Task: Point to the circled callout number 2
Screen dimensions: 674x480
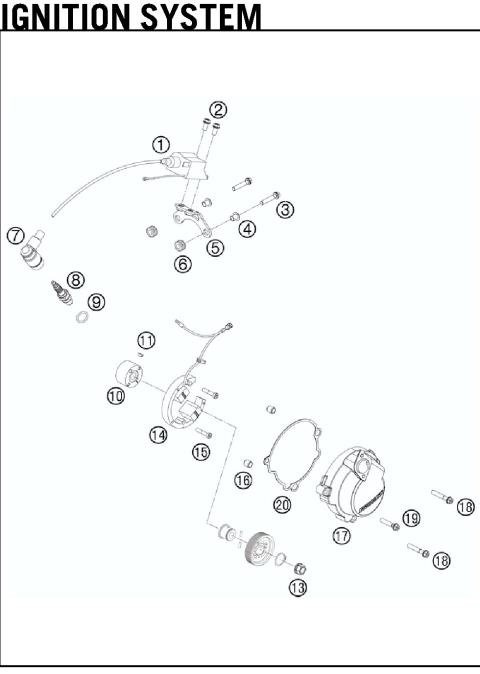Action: [x=219, y=110]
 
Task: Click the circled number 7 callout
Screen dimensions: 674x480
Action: [x=15, y=236]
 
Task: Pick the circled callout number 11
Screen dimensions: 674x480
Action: [x=146, y=339]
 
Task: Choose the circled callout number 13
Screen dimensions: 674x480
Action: [x=298, y=588]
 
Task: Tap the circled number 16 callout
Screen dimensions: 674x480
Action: [x=243, y=481]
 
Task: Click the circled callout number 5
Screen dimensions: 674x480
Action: [x=215, y=247]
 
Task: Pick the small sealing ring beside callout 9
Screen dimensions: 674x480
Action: [x=75, y=320]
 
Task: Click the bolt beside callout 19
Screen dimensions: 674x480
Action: [x=389, y=524]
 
